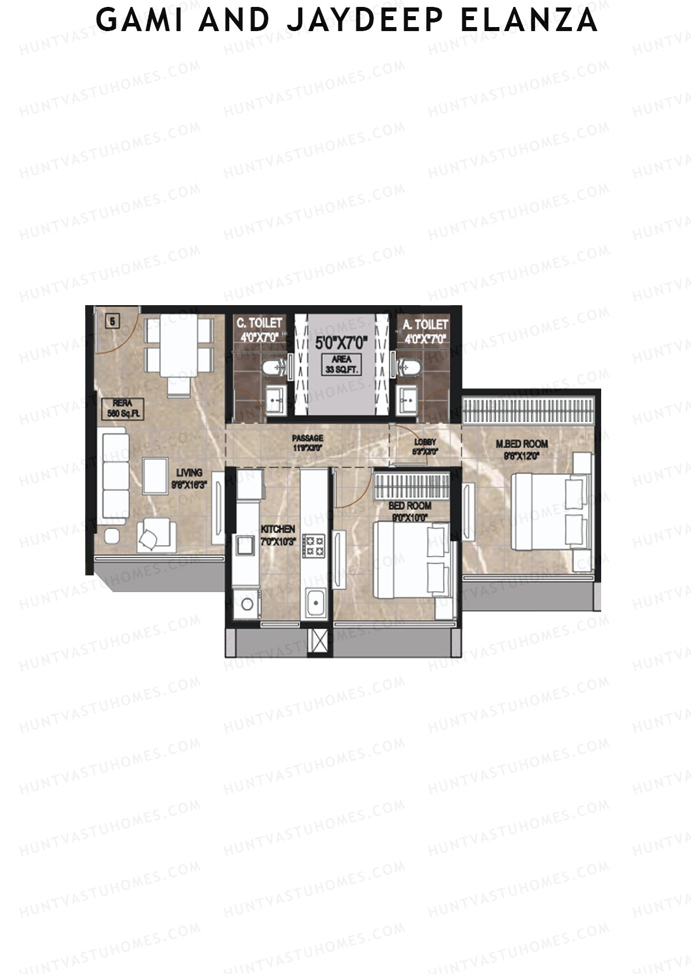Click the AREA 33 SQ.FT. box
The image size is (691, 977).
point(341,365)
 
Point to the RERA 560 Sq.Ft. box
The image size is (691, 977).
point(122,408)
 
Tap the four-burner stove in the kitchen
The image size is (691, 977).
point(314,545)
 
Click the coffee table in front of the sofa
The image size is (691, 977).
point(155,476)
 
